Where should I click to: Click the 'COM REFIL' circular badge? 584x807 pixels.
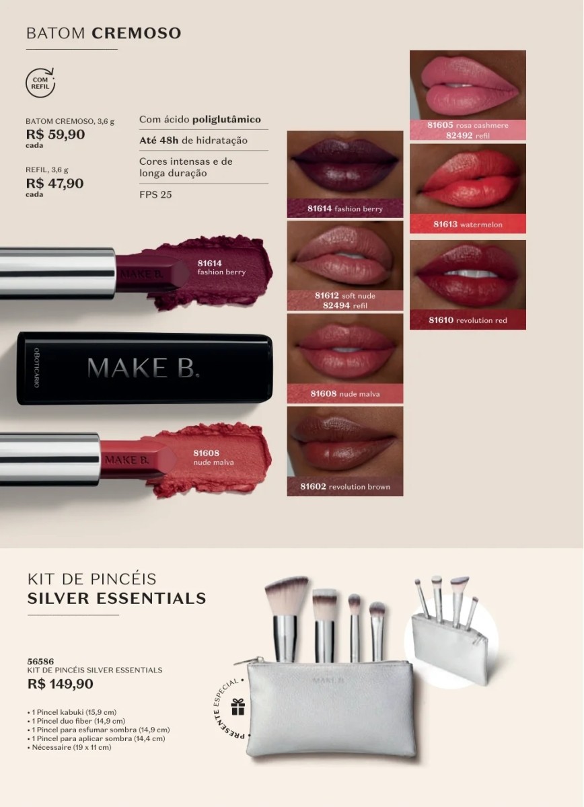click(x=40, y=83)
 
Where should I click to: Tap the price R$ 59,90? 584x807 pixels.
click(x=56, y=134)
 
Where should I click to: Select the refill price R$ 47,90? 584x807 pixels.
click(x=54, y=184)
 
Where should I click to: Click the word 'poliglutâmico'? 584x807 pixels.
click(x=226, y=120)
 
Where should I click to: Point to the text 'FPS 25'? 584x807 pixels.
click(x=155, y=194)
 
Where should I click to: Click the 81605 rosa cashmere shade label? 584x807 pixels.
click(x=468, y=125)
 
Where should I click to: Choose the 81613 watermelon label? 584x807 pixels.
click(x=468, y=225)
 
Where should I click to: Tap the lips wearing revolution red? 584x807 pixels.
click(x=468, y=274)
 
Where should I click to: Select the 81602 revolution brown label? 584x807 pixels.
click(x=345, y=487)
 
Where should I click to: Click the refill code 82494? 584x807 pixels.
click(x=336, y=305)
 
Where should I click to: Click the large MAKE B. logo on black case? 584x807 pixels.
click(x=143, y=368)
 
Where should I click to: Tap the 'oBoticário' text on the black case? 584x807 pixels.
click(x=36, y=367)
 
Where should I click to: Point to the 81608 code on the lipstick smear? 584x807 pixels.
click(x=206, y=453)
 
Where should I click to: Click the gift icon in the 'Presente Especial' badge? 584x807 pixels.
click(x=238, y=707)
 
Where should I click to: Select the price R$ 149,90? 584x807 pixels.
click(x=60, y=684)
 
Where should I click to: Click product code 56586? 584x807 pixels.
click(x=41, y=662)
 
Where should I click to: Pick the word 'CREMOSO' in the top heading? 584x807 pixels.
click(x=137, y=33)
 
